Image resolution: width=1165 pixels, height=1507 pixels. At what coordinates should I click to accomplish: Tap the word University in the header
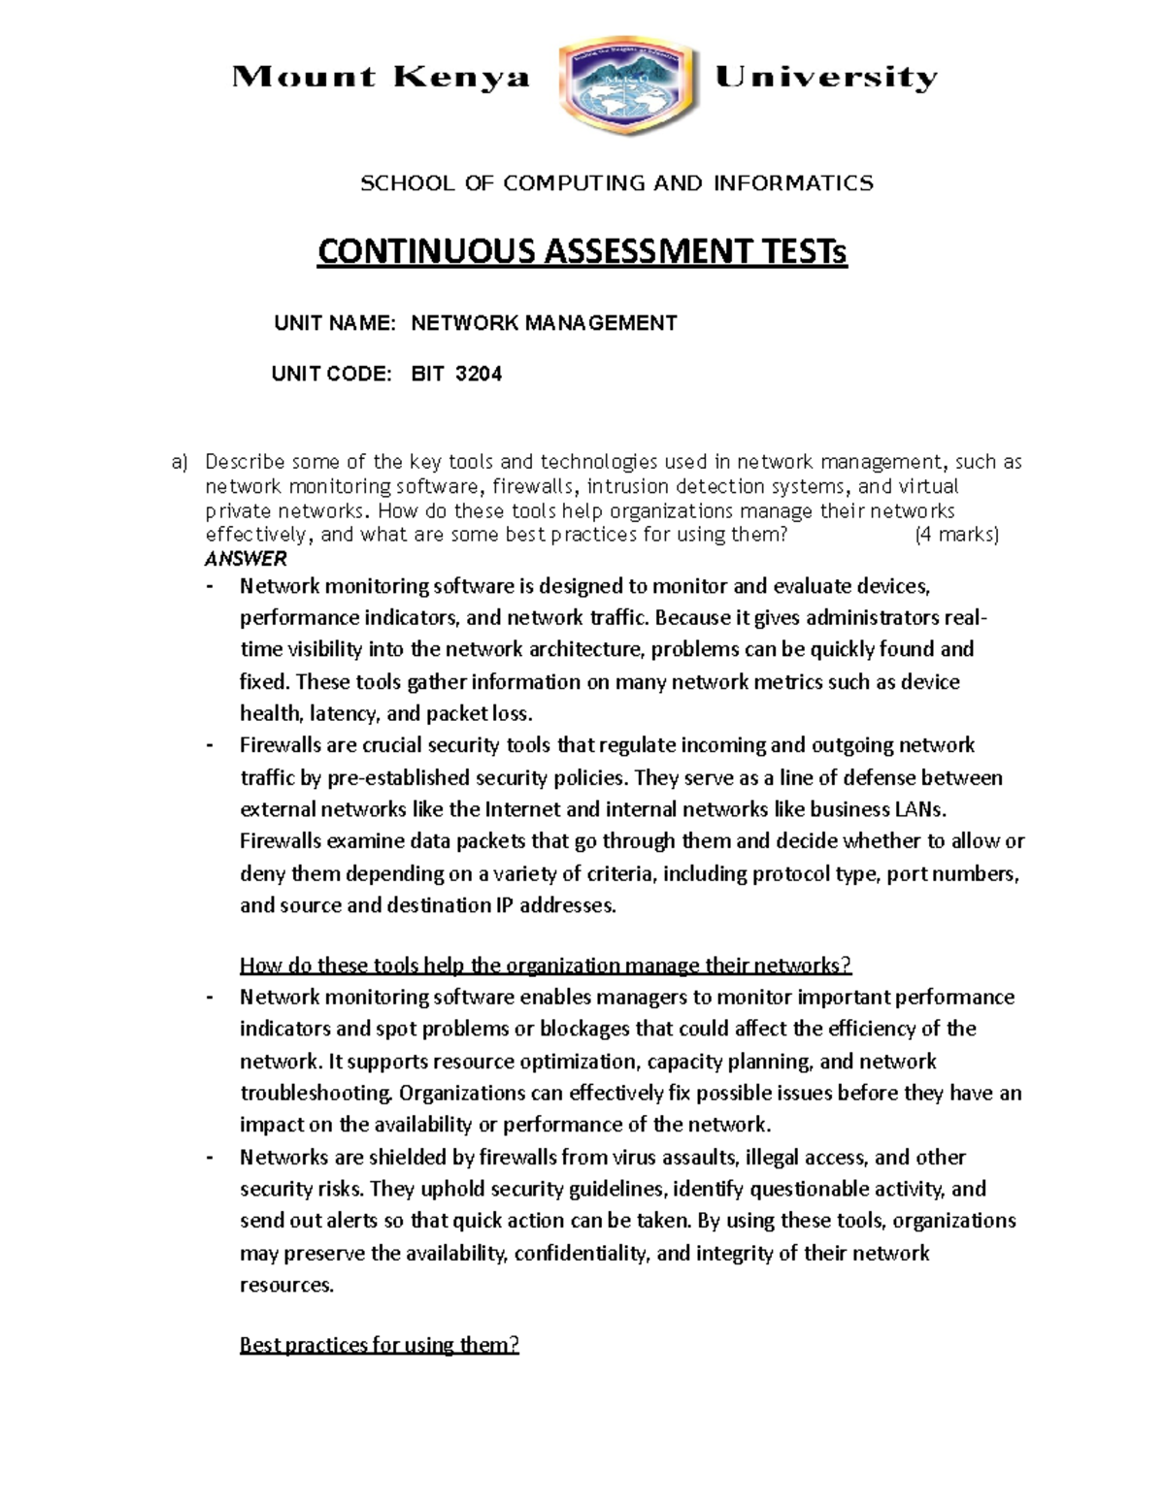point(825,78)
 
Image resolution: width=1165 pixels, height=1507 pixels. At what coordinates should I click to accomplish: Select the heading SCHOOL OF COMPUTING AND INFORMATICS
point(616,183)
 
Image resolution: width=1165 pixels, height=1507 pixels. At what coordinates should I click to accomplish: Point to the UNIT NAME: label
point(334,323)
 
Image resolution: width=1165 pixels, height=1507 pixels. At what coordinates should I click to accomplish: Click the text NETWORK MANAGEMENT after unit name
point(544,323)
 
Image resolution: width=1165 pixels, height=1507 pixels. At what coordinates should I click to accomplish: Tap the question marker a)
point(179,462)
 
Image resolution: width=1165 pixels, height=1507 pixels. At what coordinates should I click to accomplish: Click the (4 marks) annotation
point(956,535)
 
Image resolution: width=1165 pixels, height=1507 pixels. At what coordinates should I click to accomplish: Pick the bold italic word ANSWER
point(246,559)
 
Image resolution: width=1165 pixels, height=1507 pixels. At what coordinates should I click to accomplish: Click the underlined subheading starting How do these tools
point(545,966)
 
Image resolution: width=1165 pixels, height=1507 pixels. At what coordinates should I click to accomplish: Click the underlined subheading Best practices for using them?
point(379,1346)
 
